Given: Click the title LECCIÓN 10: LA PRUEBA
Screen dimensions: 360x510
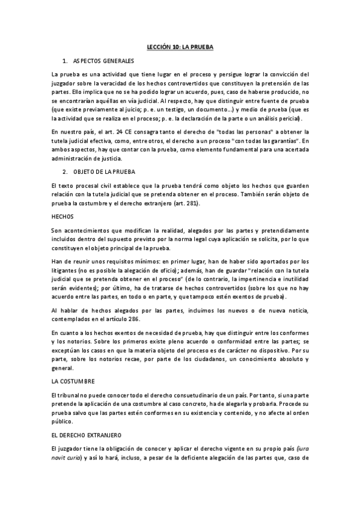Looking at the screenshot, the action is pos(180,46).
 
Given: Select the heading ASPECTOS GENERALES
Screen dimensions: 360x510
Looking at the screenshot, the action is pos(103,61).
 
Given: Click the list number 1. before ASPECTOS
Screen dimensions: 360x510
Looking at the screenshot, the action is pos(64,61).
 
